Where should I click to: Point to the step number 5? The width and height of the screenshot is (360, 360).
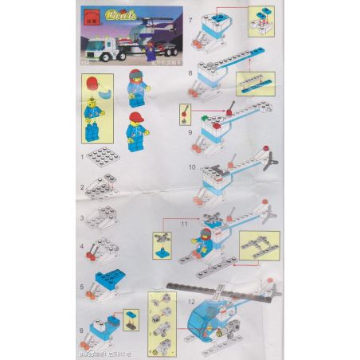click(82, 286)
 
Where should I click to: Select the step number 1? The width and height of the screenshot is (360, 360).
click(82, 158)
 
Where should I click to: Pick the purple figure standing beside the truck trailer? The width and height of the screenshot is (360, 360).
click(152, 51)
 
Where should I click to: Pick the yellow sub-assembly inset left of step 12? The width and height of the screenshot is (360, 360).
click(162, 322)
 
